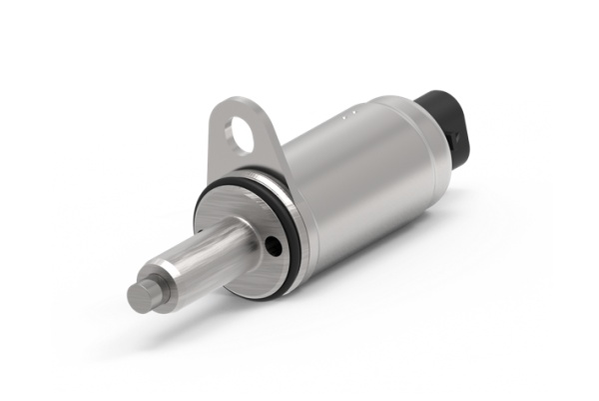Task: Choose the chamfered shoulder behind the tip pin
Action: [166, 278]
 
